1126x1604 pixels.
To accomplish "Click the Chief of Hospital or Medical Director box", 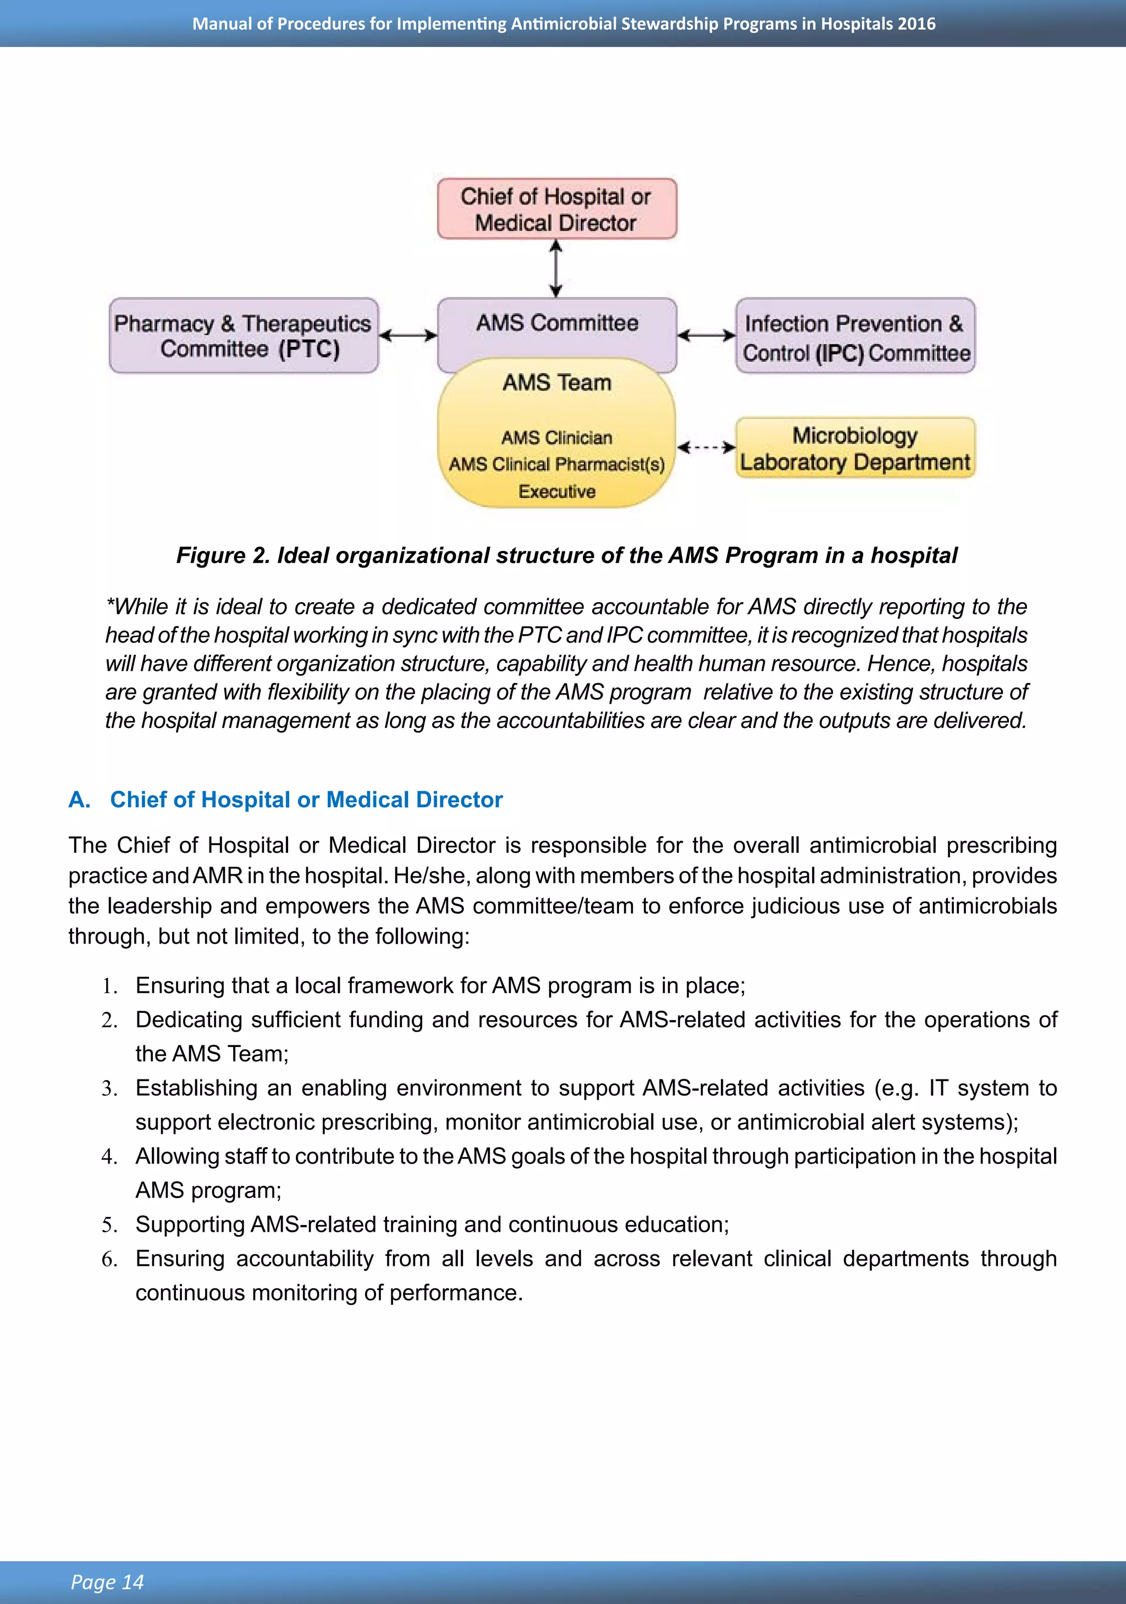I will tap(557, 209).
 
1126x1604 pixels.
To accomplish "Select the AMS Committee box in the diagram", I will tap(557, 323).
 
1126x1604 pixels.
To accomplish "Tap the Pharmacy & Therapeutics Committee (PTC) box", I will tap(243, 335).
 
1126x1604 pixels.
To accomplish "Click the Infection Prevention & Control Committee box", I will tap(855, 336).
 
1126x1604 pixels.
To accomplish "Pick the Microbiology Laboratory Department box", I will tap(855, 448).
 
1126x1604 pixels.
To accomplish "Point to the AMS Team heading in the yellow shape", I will tap(557, 383).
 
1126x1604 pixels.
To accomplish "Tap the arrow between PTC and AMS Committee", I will tap(408, 336).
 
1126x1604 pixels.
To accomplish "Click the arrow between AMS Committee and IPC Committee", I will tap(706, 336).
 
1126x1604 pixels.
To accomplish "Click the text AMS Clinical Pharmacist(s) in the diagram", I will tap(557, 465).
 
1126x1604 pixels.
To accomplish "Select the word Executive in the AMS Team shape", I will tap(557, 492).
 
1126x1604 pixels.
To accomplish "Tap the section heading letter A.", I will tap(79, 800).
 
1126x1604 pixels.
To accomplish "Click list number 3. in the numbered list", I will tap(109, 1088).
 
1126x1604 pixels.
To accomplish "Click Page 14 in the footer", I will tap(107, 1581).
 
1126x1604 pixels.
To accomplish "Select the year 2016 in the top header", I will tap(917, 24).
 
